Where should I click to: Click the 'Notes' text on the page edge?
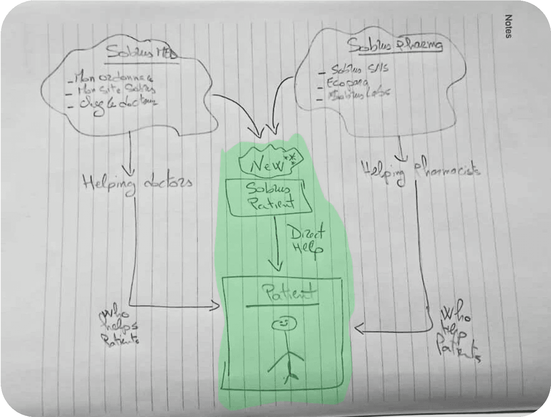pyautogui.click(x=508, y=27)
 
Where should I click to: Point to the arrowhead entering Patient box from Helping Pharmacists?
pyautogui.click(x=358, y=331)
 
